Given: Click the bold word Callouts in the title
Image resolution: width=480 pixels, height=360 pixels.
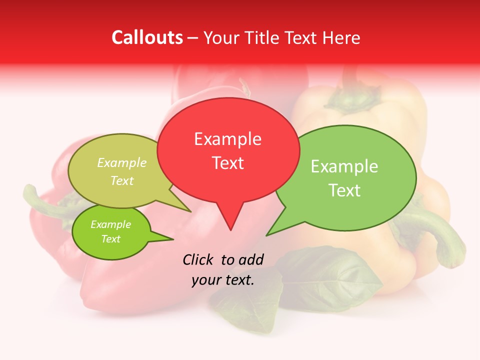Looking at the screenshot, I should [147, 37].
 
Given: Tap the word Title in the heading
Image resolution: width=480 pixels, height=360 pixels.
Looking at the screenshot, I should [264, 37].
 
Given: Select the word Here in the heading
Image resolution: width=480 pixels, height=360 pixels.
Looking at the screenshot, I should [341, 37].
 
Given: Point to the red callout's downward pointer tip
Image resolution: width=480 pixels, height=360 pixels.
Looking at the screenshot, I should [230, 229].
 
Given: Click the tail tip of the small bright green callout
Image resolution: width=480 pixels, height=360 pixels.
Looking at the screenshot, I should [173, 239].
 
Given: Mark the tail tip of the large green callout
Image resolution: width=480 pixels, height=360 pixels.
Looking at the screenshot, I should [266, 235].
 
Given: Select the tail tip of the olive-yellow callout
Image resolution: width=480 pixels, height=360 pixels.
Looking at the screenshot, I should [191, 211].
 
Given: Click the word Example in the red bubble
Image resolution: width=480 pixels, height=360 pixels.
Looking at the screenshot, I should [227, 139].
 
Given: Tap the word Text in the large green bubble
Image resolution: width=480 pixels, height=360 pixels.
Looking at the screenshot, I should [344, 190].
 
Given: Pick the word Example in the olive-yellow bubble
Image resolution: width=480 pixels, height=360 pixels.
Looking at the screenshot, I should [122, 163].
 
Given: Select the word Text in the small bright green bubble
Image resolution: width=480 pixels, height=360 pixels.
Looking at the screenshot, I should [111, 239].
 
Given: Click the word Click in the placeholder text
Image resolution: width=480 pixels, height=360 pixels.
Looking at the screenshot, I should [198, 259].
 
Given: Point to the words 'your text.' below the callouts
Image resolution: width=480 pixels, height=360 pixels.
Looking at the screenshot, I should [223, 280].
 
